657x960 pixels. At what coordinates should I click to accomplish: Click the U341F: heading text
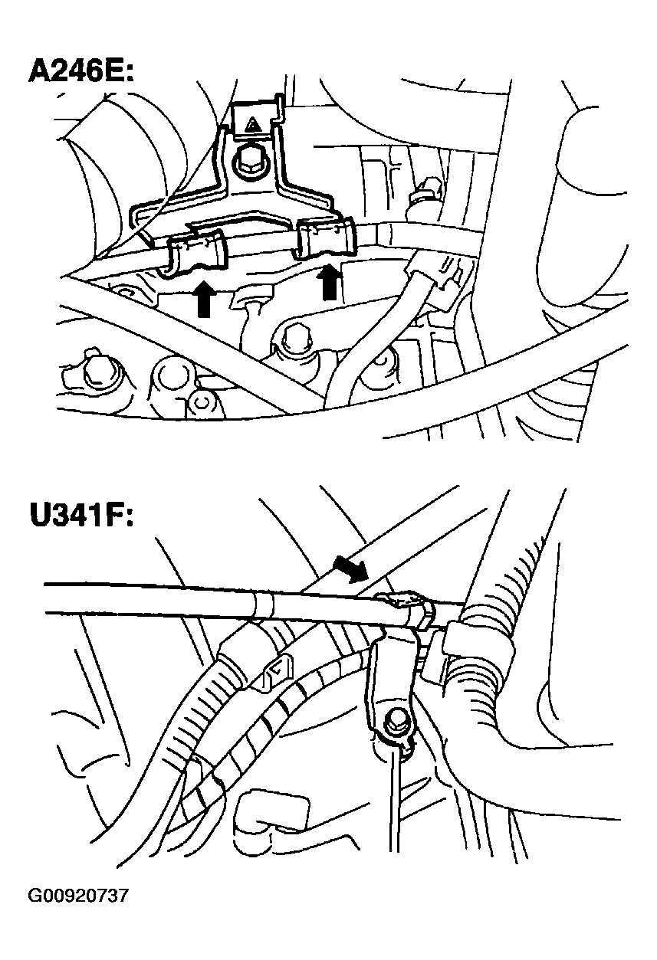[81, 516]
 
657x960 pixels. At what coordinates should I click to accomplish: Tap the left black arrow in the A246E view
[203, 298]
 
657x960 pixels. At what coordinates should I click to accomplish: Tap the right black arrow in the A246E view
[330, 282]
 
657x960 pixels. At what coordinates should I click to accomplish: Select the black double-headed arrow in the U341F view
[350, 570]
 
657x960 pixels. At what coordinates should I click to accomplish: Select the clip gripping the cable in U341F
[406, 605]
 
